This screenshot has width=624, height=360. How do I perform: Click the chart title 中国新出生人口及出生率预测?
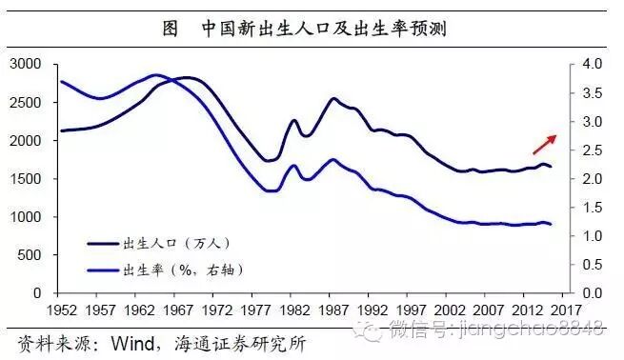(x=324, y=28)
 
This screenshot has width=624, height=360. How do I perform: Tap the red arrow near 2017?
(x=545, y=142)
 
